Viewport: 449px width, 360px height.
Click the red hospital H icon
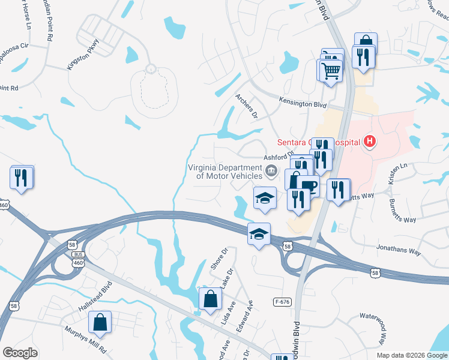point(370,142)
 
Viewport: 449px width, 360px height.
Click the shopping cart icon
point(329,70)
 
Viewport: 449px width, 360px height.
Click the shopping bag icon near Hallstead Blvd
point(100,322)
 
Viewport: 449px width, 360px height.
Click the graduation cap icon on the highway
point(259,233)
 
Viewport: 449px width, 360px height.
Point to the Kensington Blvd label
point(303,104)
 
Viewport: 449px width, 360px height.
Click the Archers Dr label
point(246,106)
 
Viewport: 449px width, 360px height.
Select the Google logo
point(20,352)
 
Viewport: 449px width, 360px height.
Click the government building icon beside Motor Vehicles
point(271,172)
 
